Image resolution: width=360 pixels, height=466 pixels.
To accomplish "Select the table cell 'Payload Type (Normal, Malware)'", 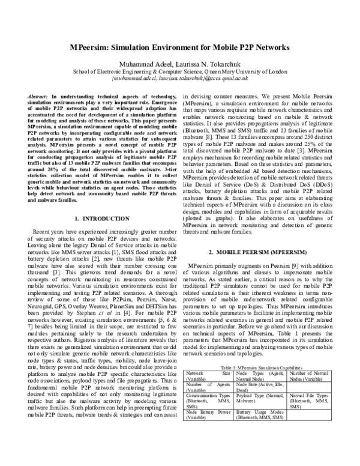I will (x=261, y=415).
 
